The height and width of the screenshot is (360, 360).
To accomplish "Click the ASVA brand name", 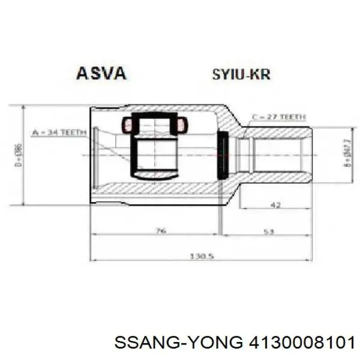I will [101, 74].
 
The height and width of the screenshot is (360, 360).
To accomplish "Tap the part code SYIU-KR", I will [241, 75].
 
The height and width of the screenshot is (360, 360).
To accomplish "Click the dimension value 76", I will [160, 231].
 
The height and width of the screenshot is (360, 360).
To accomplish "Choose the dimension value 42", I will [277, 205].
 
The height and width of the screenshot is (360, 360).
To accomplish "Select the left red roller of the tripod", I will [127, 125].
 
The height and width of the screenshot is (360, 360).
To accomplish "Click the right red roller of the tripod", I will [182, 125].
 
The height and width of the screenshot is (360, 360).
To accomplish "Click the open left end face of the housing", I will [93, 154].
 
